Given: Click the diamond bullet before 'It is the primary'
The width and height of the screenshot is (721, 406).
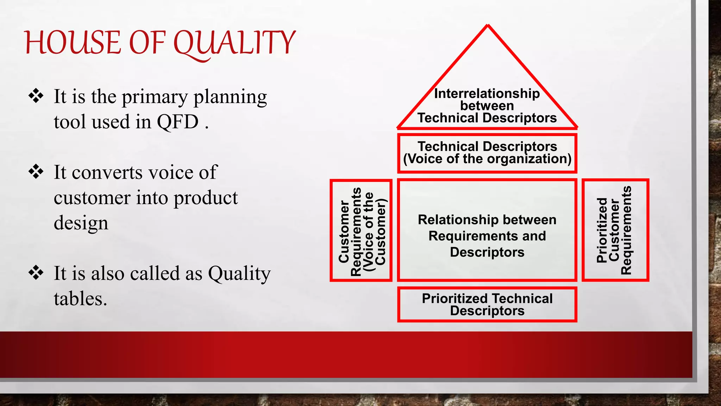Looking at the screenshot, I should point(36,96).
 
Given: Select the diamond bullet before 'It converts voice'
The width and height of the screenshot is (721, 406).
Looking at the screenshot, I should point(36,172).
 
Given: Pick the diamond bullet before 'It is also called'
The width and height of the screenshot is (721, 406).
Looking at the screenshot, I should point(36,273).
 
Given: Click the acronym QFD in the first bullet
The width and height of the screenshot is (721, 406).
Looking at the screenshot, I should point(178,122).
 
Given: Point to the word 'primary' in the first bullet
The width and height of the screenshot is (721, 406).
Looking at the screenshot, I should point(155,97).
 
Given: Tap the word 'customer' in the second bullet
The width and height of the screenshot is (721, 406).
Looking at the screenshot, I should point(92,198).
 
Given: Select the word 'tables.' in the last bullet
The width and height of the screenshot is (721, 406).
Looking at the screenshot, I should point(80,299).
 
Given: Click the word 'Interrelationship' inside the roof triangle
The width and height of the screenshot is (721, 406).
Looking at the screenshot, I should point(487,94).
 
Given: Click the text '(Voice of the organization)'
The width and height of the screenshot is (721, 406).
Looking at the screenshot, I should point(487,159).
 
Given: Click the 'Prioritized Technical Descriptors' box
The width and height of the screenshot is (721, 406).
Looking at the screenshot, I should point(487,304).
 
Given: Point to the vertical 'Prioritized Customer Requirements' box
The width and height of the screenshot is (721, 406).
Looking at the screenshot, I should point(615,230).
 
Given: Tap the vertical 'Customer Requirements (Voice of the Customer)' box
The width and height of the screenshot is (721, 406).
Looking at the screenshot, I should point(361,230).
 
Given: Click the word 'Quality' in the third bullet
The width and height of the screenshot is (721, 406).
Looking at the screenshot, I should point(239,273).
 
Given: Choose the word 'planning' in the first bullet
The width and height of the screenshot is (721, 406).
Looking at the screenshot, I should point(230,97).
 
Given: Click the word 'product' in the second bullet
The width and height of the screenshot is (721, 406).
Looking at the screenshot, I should point(206,198).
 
